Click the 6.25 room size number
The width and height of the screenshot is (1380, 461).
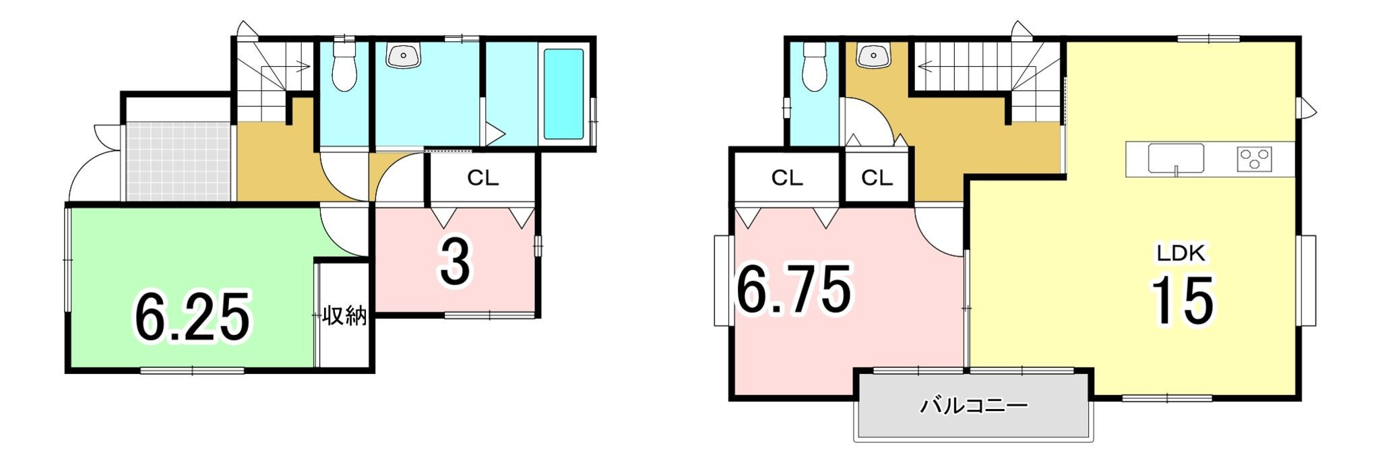click(193, 317)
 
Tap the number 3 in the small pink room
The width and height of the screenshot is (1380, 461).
click(456, 262)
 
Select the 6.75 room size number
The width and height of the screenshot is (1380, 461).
click(794, 290)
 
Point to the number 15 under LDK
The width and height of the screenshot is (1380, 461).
click(1182, 301)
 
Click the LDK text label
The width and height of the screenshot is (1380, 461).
click(1181, 253)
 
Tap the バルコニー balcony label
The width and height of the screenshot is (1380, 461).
click(974, 406)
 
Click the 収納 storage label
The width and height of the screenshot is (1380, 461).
click(344, 315)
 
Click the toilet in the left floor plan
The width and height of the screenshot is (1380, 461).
click(344, 65)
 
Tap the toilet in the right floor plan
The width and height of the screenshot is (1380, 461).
click(815, 65)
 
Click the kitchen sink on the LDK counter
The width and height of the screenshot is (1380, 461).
click(1176, 159)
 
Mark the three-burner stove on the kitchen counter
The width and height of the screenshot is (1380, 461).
click(1255, 159)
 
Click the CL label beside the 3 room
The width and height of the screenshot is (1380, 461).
click(482, 178)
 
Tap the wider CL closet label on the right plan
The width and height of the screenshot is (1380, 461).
click(786, 178)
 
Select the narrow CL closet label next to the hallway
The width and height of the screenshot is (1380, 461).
click(876, 178)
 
